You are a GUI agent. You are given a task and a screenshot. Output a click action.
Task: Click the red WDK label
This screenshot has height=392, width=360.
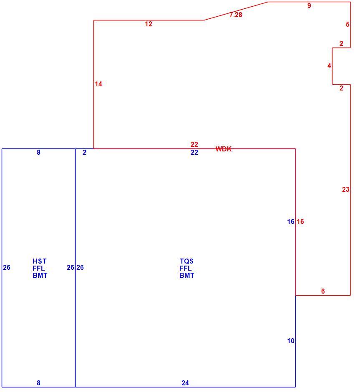pos(224,149)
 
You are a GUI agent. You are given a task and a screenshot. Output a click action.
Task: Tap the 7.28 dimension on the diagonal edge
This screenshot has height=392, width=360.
pos(236,15)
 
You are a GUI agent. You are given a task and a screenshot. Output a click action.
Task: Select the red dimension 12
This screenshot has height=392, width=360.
pos(149,24)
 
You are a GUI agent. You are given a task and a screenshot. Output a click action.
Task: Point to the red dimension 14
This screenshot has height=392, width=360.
pos(98,84)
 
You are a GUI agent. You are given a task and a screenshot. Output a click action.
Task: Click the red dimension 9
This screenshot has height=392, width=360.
pos(309,5)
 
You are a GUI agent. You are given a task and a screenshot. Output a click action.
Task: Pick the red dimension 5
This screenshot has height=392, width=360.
pos(348,24)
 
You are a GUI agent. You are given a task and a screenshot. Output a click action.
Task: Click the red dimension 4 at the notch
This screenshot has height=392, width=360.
pos(329,66)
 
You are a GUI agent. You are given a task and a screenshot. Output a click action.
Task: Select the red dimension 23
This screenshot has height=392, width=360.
pos(346,189)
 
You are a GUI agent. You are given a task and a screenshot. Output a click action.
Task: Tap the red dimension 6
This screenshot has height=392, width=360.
pos(323,291)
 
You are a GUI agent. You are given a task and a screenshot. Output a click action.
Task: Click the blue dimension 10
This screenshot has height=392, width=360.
pos(291,341)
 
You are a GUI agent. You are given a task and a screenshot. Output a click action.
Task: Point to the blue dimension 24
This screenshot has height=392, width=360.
pos(185,383)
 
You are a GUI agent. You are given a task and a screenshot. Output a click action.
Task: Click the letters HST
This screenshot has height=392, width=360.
pos(40,261)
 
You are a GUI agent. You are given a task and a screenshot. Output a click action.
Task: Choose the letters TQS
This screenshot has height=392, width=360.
pos(186,261)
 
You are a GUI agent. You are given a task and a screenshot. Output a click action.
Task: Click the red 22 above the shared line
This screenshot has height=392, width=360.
pos(194,144)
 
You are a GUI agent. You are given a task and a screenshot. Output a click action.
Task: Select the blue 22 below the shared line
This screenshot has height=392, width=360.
pos(194,153)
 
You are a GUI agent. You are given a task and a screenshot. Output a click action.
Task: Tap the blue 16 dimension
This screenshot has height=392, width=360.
pos(291,221)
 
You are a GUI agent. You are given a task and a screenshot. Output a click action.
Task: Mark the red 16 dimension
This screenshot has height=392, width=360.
pos(300,221)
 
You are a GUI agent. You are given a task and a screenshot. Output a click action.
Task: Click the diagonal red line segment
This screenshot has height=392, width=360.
pos(236,11)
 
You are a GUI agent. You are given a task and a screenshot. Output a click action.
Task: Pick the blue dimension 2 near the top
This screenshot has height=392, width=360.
pos(85,153)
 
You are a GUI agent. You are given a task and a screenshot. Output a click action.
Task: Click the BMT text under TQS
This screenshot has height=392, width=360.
pos(187,276)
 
